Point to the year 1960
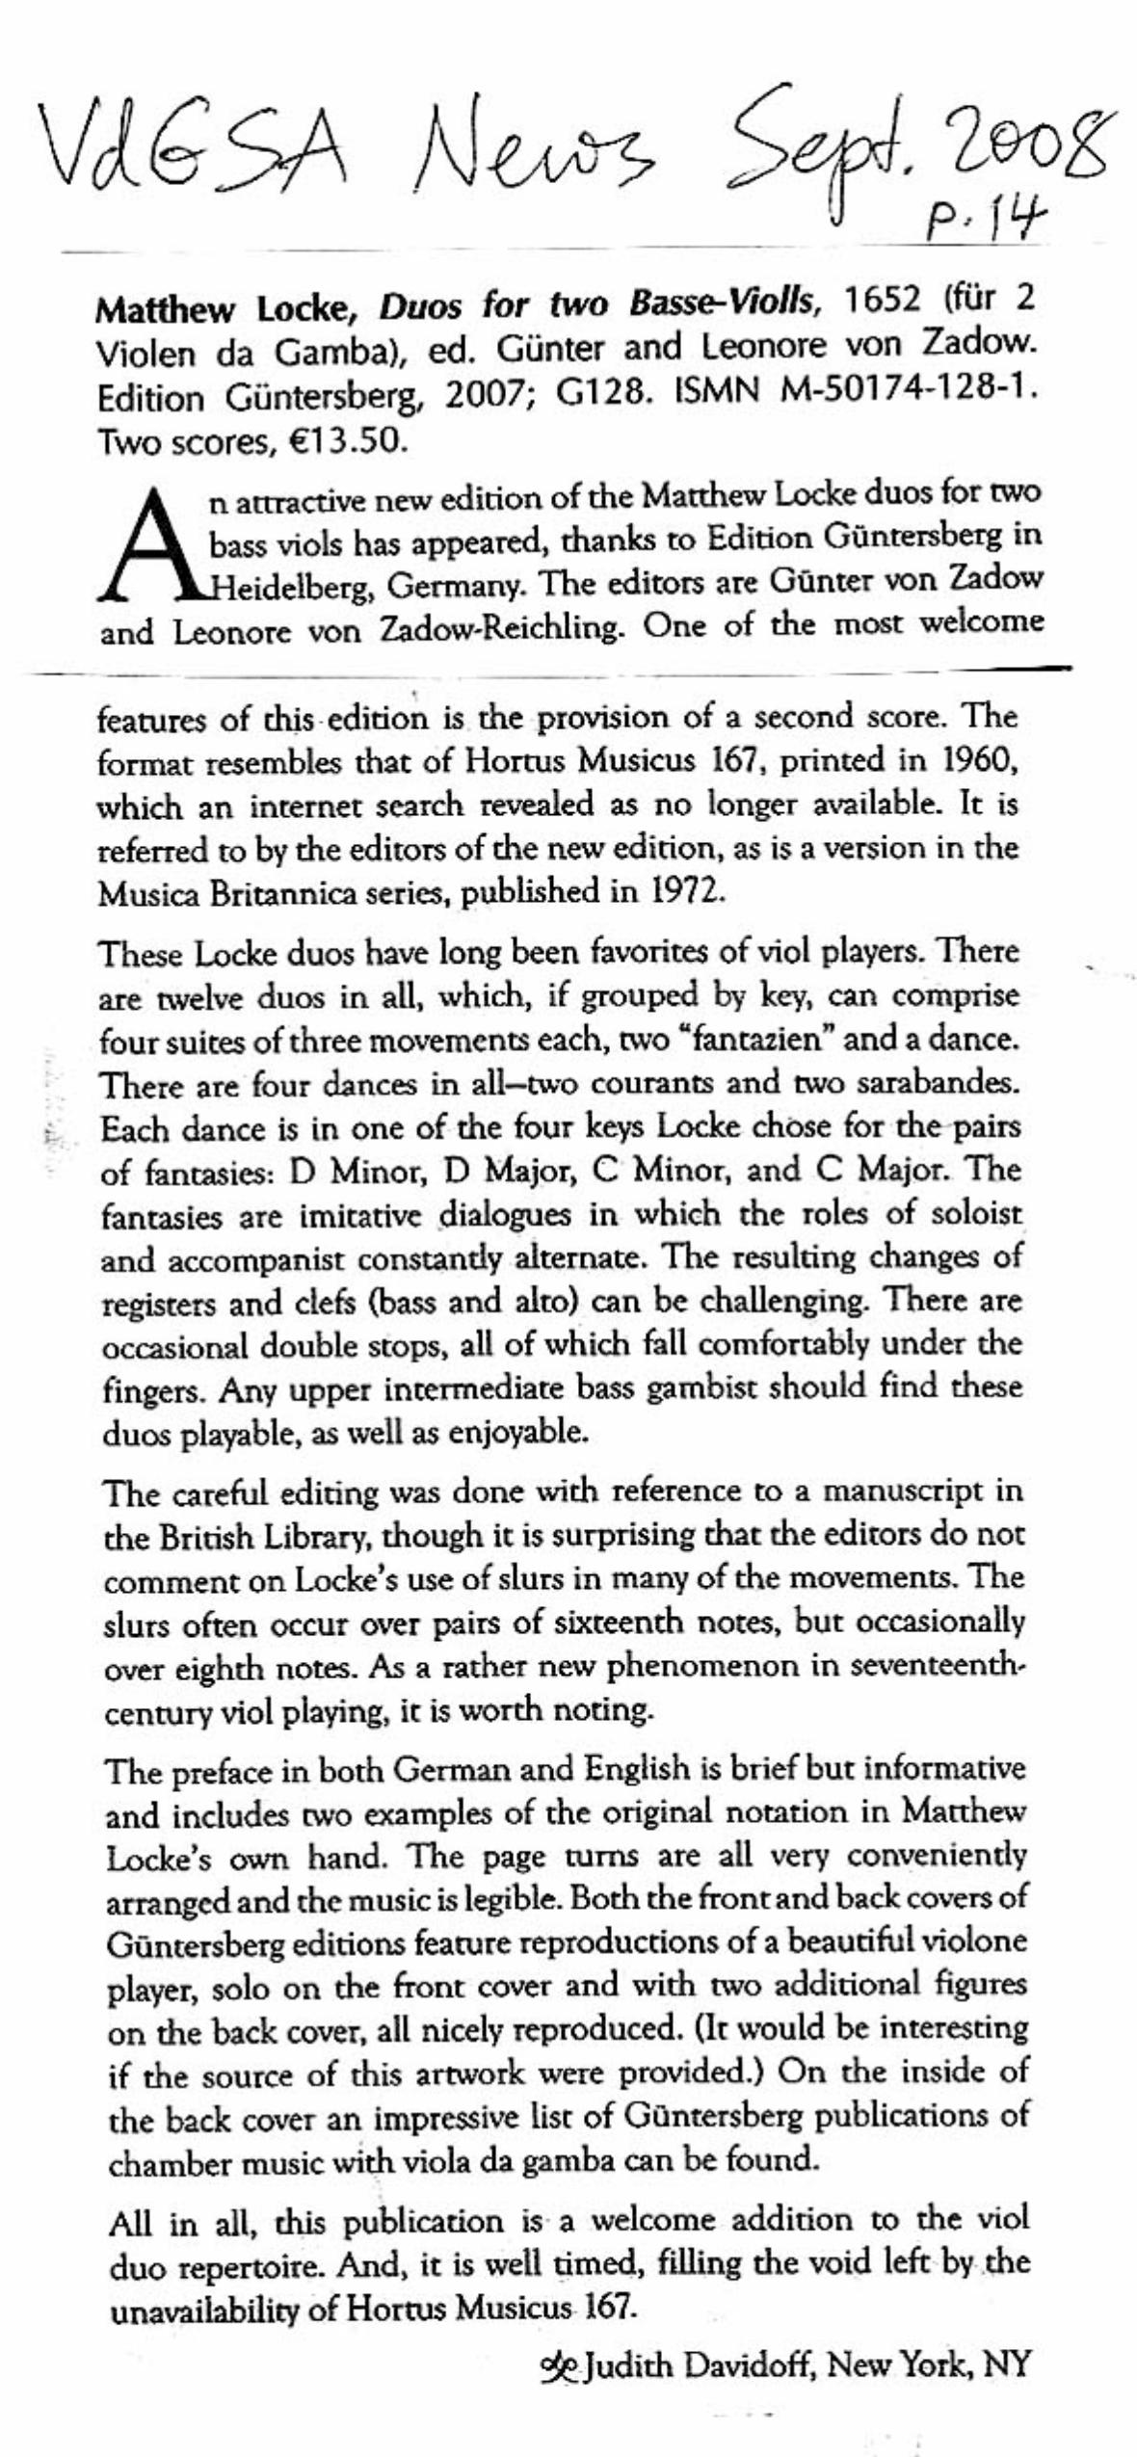tap(972, 762)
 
